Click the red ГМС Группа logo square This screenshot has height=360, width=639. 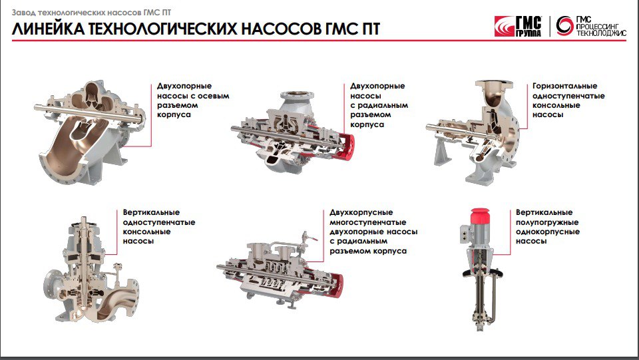tap(505, 27)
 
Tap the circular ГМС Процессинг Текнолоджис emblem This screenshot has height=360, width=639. tap(564, 26)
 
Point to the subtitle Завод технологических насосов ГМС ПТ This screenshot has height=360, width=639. tap(91, 13)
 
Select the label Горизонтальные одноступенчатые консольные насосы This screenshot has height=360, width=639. tap(568, 100)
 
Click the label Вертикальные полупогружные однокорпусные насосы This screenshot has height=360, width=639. tap(548, 226)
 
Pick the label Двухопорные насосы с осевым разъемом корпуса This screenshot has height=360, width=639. tap(193, 100)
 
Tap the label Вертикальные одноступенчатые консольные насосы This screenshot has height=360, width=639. tap(159, 226)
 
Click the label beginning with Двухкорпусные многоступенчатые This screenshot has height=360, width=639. tap(373, 232)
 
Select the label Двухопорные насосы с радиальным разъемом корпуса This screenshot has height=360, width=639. tap(379, 105)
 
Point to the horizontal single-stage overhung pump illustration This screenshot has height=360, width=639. tap(473, 132)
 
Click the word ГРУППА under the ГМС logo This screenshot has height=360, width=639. tap(529, 33)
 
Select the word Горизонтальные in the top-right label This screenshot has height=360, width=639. tap(565, 87)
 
